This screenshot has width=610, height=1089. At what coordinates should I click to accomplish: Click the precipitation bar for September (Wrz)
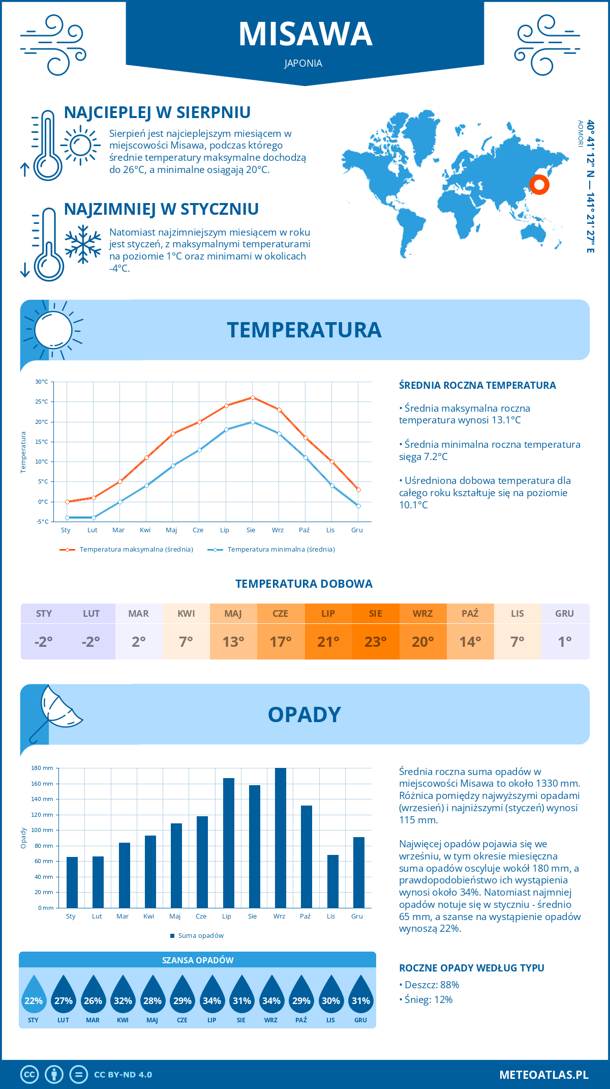tap(280, 838)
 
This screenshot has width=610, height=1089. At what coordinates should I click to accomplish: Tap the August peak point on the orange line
tap(253, 397)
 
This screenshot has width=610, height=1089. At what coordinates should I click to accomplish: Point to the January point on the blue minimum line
tap(67, 518)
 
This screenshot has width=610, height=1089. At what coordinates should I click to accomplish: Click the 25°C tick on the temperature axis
tap(42, 402)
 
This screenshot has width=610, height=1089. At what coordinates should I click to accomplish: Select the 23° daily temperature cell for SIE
tap(376, 641)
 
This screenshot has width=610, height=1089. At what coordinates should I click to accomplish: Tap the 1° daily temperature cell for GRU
tap(565, 641)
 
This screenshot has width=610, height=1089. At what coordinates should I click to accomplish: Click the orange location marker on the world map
tap(539, 184)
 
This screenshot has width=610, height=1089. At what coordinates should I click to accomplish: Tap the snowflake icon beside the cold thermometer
tap(83, 244)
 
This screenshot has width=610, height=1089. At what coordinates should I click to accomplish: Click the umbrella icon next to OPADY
tap(56, 710)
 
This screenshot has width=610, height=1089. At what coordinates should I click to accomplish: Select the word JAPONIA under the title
tap(303, 64)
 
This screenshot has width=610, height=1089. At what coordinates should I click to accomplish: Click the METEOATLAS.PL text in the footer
tap(543, 1075)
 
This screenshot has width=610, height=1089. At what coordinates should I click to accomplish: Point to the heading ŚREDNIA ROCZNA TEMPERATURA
tap(477, 386)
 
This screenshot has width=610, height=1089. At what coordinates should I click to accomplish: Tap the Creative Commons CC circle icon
tap(29, 1075)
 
